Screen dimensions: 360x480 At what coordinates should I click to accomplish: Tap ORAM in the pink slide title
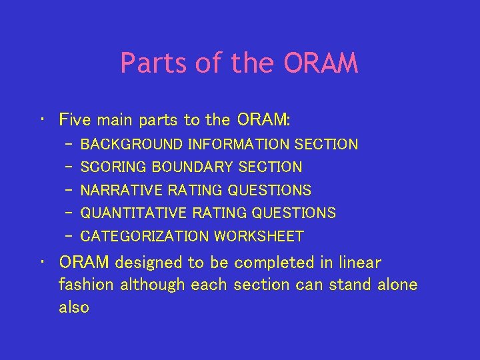click(321, 63)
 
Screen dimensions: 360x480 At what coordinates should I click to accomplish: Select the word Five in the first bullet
click(75, 120)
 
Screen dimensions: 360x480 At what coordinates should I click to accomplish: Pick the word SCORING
click(113, 167)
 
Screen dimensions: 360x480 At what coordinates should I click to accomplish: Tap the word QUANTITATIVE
click(133, 213)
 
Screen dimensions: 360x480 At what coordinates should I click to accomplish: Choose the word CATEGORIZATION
click(144, 237)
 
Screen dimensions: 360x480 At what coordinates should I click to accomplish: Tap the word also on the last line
click(73, 307)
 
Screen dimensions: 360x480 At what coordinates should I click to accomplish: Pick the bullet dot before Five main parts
click(43, 121)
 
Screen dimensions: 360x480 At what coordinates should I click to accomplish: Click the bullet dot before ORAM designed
click(43, 263)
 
